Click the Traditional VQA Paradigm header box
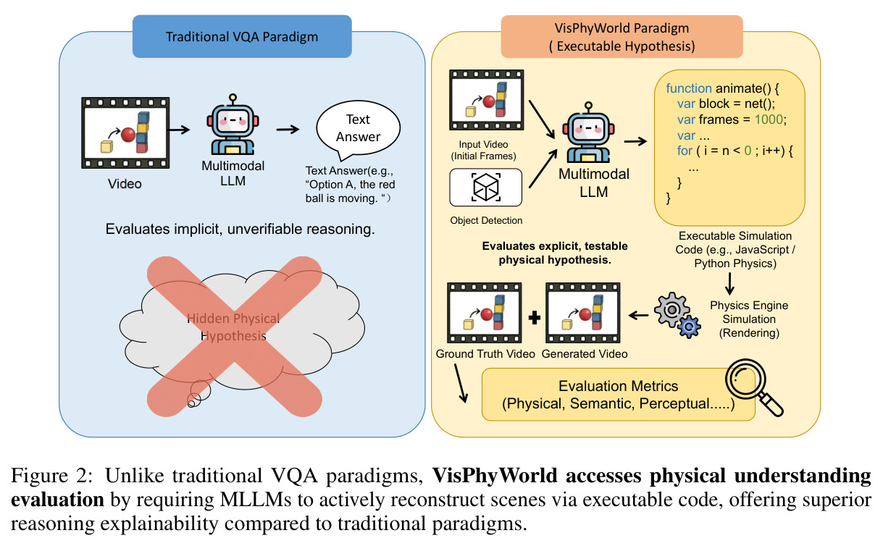242,36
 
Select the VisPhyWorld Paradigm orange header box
622,37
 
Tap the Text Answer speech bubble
358,129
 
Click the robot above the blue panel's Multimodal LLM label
233,125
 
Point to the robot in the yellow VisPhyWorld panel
588,133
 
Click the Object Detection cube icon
485,187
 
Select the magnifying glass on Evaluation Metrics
752,386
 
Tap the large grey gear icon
671,310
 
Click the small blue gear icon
689,327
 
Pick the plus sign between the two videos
534,317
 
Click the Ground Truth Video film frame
485,313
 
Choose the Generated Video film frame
583,313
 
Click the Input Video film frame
487,100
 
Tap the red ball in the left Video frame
128,135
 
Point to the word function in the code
689,88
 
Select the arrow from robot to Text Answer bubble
288,129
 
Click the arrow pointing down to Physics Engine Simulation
729,284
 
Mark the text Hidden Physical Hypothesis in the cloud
233,327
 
